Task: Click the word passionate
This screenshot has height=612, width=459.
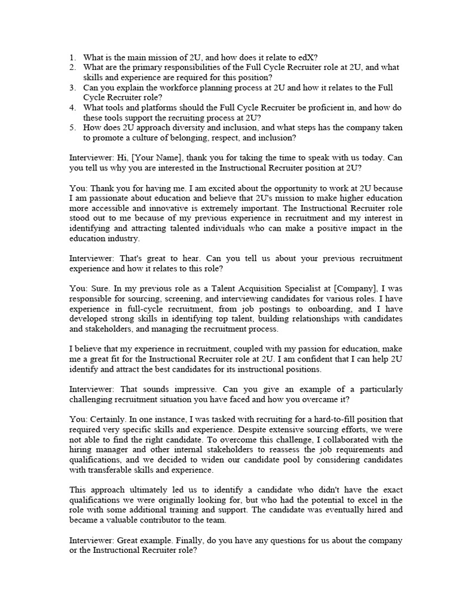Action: tap(105, 198)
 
